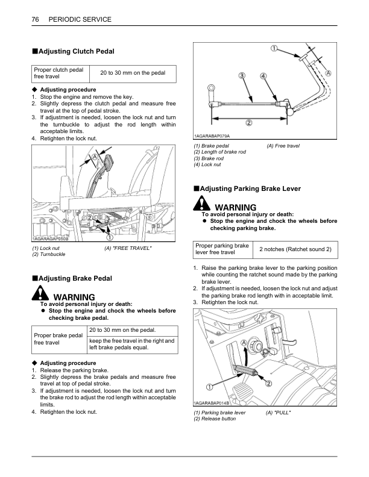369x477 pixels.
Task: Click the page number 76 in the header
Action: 35,20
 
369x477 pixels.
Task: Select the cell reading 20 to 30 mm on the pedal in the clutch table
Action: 132,73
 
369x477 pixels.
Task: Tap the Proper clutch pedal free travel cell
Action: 58,73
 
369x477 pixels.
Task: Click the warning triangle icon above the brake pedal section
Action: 40,294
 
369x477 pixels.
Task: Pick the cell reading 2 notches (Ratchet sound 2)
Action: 295,249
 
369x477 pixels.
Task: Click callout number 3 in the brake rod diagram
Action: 241,76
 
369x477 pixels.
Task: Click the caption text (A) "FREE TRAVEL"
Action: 128,249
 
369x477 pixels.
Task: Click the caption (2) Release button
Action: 215,419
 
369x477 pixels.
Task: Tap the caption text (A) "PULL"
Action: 279,413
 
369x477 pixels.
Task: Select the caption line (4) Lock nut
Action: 207,164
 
